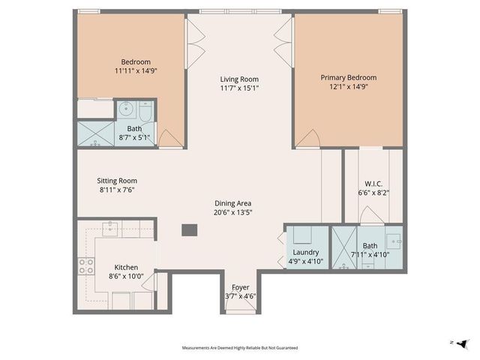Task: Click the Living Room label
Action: pos(238,79)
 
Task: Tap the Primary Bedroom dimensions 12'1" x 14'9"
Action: pos(348,87)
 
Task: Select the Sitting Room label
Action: pos(118,180)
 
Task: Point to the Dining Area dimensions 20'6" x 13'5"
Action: pos(232,212)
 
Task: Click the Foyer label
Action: pos(240,286)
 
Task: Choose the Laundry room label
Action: pos(305,253)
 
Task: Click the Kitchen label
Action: pos(126,267)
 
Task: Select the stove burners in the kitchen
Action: pos(85,266)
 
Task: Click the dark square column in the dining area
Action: pos(189,230)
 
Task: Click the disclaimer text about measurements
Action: pos(240,348)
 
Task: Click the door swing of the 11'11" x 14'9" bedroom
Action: pos(169,137)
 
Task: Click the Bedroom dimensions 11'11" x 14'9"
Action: pos(136,71)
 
